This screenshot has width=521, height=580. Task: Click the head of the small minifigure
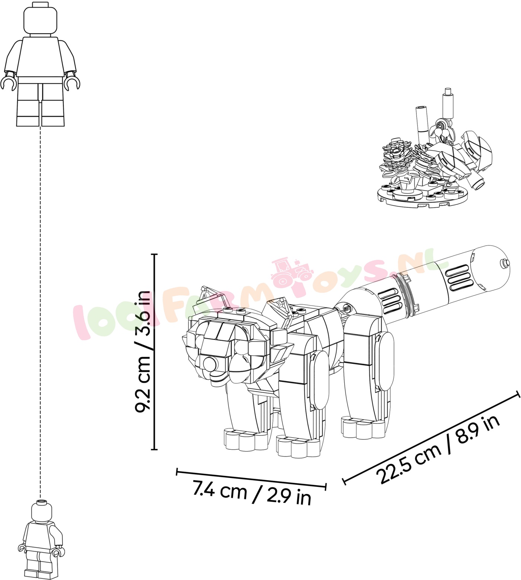point(41,511)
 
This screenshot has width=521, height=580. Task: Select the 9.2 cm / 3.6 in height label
point(143,352)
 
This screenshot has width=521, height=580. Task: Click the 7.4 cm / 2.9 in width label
point(252,493)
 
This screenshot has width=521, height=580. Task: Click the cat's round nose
point(210,363)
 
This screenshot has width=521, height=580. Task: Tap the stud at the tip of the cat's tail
point(505,263)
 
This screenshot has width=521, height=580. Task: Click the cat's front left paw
point(246,440)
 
